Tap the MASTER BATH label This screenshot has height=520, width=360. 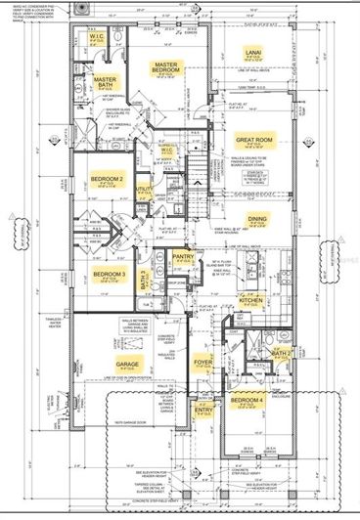click(x=105, y=85)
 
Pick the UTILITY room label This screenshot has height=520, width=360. click(x=144, y=189)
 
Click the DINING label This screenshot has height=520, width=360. click(x=257, y=220)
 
